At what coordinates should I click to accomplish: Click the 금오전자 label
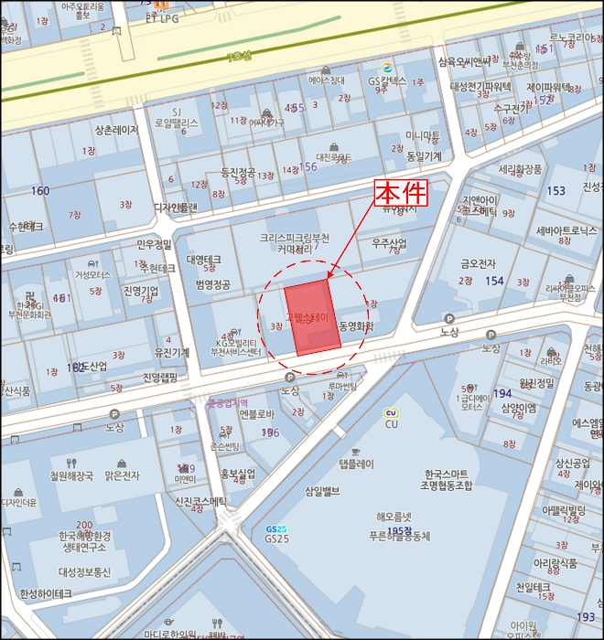(x=479, y=262)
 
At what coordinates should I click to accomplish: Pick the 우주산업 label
(x=388, y=244)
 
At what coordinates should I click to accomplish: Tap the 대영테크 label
(x=203, y=260)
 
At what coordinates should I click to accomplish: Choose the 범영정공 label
(x=212, y=284)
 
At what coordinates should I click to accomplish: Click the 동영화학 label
(x=356, y=325)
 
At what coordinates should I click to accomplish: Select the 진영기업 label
(x=141, y=291)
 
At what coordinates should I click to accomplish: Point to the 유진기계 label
(x=172, y=352)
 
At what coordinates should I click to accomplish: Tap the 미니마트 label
(x=423, y=136)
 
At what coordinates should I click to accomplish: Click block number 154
(x=495, y=281)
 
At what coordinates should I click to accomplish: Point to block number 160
(x=40, y=191)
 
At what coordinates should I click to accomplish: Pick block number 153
(x=555, y=190)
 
